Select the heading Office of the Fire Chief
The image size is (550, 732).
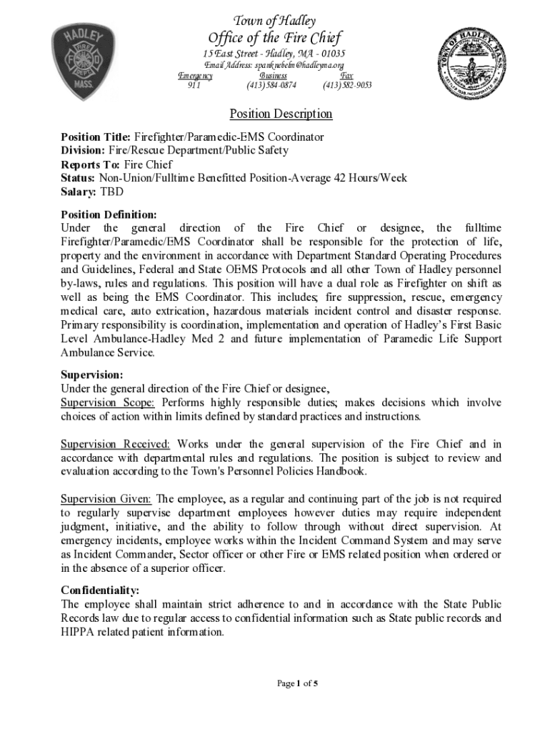coord(274,38)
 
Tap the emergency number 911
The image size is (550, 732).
coord(194,86)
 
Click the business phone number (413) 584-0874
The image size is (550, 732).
coord(271,86)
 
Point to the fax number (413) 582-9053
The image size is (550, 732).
coord(347,86)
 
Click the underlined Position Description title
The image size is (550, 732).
coord(281,114)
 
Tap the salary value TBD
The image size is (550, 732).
coord(111,192)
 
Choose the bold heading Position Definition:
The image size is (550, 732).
coord(109,214)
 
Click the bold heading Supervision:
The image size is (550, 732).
coord(92,375)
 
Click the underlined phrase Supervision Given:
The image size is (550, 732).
coord(106,499)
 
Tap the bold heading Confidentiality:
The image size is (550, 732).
coord(100,590)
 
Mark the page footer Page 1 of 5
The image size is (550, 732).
coord(297,683)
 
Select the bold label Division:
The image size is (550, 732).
coord(84,150)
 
